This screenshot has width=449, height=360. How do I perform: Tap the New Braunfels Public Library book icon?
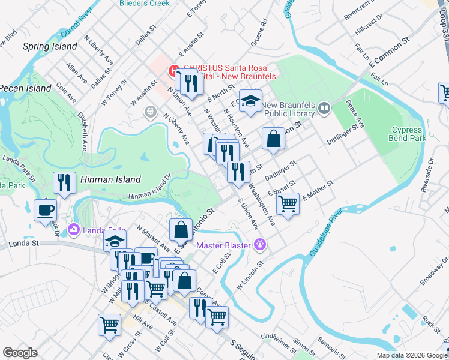324,108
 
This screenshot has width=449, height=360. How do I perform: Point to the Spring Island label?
50,46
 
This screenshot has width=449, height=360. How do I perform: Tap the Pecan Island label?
25,88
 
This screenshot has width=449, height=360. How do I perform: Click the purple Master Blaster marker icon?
259,244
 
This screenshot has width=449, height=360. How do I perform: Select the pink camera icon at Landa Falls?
74,229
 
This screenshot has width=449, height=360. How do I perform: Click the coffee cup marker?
46,210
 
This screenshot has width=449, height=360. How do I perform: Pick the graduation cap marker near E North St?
250,101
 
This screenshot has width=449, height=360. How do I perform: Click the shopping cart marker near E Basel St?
288,203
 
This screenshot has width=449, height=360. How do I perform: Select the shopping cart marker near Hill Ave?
109,325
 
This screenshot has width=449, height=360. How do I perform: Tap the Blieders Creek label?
145,3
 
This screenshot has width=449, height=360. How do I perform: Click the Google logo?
20,353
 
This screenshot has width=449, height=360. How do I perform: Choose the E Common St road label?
388,50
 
